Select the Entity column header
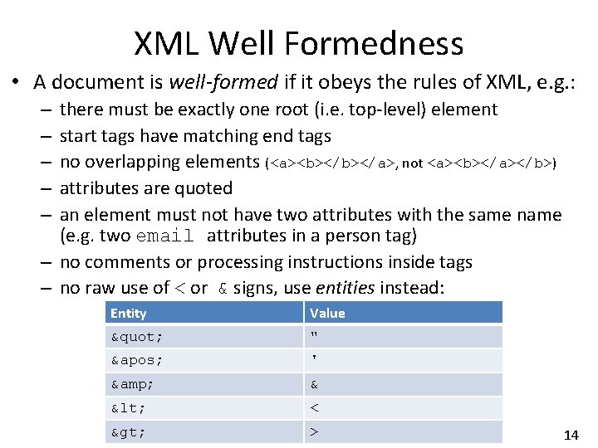click(128, 313)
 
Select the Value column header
click(327, 313)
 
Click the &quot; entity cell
click(137, 337)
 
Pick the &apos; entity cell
click(137, 361)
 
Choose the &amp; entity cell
click(133, 385)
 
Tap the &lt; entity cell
click(130, 408)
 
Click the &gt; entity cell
click(130, 432)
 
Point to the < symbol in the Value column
click(315, 408)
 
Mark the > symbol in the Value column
click(315, 432)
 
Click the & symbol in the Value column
click(315, 385)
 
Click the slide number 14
click(571, 435)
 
